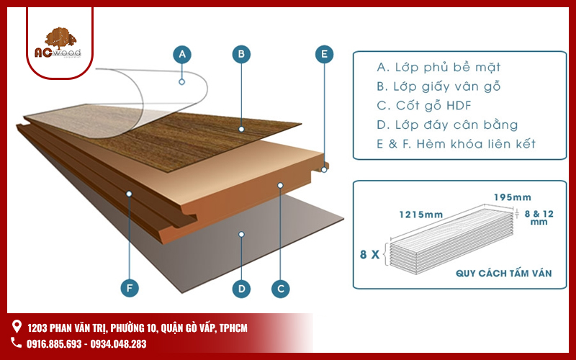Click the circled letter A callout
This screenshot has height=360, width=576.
(182, 53)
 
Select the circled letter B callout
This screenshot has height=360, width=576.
(242, 53)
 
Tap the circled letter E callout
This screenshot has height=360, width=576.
(325, 53)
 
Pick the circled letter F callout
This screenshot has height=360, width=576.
(129, 289)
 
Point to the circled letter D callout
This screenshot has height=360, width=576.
(242, 289)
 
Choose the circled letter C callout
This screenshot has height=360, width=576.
(281, 289)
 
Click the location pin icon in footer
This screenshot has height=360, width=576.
(17, 328)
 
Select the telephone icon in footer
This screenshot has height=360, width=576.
(17, 343)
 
